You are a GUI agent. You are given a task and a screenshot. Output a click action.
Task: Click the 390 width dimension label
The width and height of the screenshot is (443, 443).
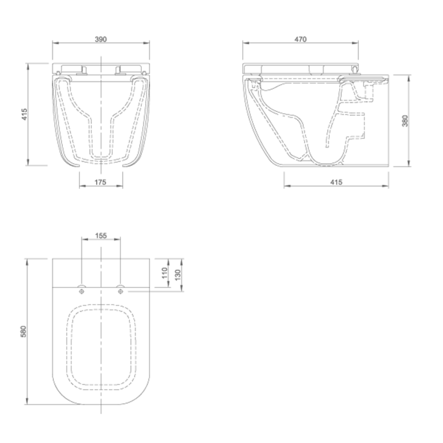click(x=101, y=39)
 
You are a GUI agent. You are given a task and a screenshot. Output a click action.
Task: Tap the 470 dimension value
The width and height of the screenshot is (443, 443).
click(x=301, y=39)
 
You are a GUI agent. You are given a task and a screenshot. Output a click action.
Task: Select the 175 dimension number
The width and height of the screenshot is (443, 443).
click(x=100, y=182)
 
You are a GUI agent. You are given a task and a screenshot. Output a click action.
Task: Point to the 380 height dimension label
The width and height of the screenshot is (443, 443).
click(x=405, y=121)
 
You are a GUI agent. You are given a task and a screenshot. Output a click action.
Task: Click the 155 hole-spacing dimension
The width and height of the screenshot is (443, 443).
click(x=101, y=236)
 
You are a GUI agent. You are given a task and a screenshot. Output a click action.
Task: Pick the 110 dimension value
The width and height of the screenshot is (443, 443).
click(x=165, y=273)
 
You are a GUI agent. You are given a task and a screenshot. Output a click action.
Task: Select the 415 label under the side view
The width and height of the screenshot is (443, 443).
click(x=336, y=182)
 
